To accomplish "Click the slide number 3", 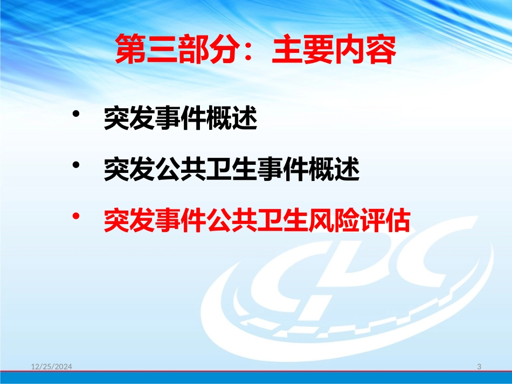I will click(x=479, y=367).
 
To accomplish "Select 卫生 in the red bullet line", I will click(x=282, y=220).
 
